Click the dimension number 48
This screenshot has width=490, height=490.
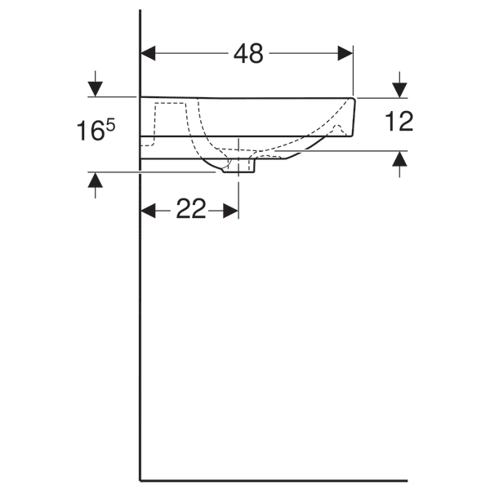pos(248,54)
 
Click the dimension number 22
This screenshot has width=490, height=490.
pos(190,210)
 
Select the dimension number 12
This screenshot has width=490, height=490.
pos(399,122)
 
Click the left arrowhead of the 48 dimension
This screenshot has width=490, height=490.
pos(148,54)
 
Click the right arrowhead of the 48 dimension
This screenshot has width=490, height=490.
pos(346,54)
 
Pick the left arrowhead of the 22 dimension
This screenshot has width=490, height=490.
pos(148,211)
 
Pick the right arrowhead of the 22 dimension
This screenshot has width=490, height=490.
pos(232,211)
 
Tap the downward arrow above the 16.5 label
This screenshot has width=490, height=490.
pos(96,86)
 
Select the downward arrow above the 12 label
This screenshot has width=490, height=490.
pos(399,86)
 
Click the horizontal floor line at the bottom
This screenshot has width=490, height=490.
pos(274,480)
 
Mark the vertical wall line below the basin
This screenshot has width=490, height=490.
pos(140,327)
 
